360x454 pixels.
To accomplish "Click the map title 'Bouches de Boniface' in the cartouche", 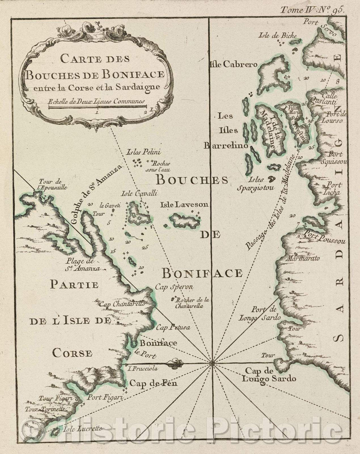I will click(93, 74).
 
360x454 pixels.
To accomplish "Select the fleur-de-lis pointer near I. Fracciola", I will click(176, 363).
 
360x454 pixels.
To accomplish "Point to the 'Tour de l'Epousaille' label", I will click(53, 184).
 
